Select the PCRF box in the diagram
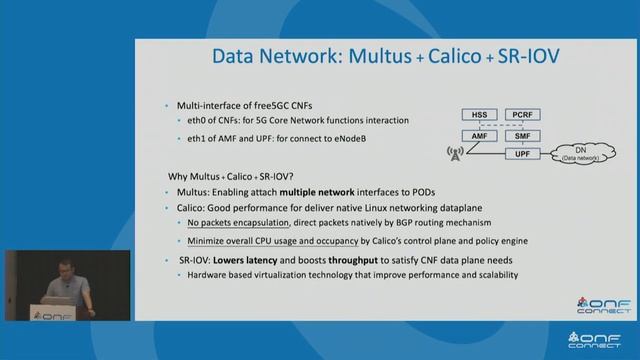[523, 115]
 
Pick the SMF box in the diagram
[523, 135]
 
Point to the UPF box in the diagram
[523, 154]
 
